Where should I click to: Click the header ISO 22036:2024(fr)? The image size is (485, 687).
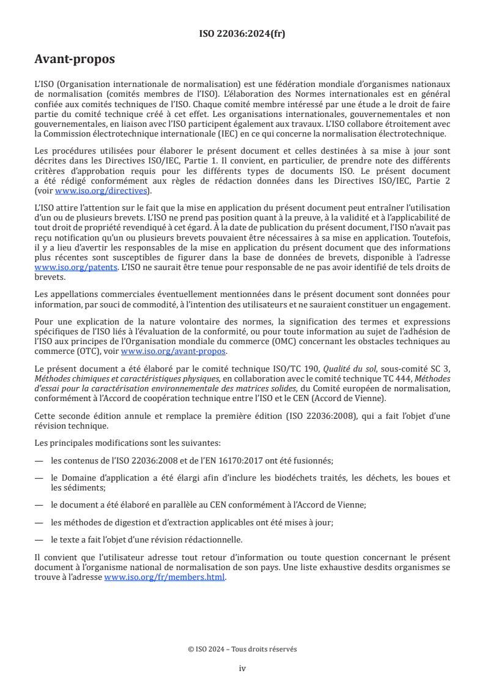[242, 34]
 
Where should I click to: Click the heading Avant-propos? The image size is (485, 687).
[75, 59]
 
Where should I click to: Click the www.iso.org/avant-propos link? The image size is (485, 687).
[174, 351]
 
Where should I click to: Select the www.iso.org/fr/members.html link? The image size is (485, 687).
[165, 576]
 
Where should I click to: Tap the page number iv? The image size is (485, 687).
[242, 668]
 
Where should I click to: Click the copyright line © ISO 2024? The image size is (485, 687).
[242, 649]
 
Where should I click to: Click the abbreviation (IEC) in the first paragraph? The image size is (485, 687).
[204, 134]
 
